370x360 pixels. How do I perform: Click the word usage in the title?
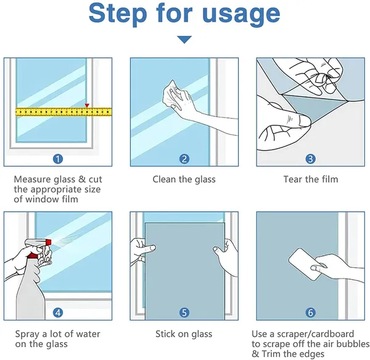pyautogui.click(x=241, y=15)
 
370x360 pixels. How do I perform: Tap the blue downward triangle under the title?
pyautogui.click(x=184, y=40)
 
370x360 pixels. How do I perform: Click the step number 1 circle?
pyautogui.click(x=58, y=159)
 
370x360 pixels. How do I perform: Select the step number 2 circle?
pyautogui.click(x=184, y=159)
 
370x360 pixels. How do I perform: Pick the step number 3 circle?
pyautogui.click(x=311, y=159)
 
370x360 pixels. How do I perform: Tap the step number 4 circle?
pyautogui.click(x=58, y=312)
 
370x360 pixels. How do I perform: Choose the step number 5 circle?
pyautogui.click(x=184, y=312)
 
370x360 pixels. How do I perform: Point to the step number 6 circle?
pyautogui.click(x=311, y=312)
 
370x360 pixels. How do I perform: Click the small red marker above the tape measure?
pyautogui.click(x=87, y=106)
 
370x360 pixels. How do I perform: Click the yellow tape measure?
pyautogui.click(x=64, y=112)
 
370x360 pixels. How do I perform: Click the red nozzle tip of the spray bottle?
pyautogui.click(x=48, y=241)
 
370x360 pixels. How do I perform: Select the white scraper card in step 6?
pyautogui.click(x=305, y=264)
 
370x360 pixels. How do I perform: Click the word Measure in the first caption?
pyautogui.click(x=33, y=179)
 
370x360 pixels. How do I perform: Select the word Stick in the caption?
pyautogui.click(x=165, y=334)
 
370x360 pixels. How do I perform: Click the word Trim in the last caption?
pyautogui.click(x=271, y=354)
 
